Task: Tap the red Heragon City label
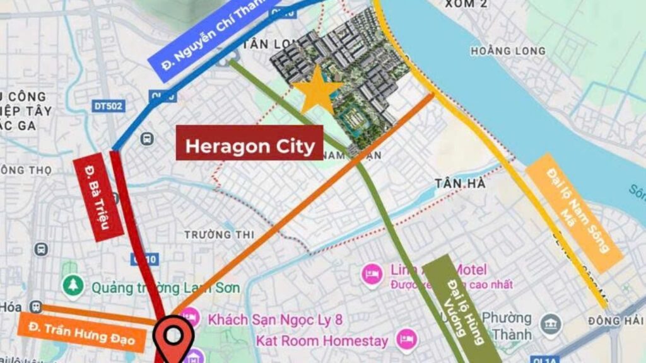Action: click(249, 146)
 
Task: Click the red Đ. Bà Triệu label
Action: click(98, 197)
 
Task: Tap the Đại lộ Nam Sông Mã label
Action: click(574, 211)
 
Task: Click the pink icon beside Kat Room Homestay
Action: click(407, 341)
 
